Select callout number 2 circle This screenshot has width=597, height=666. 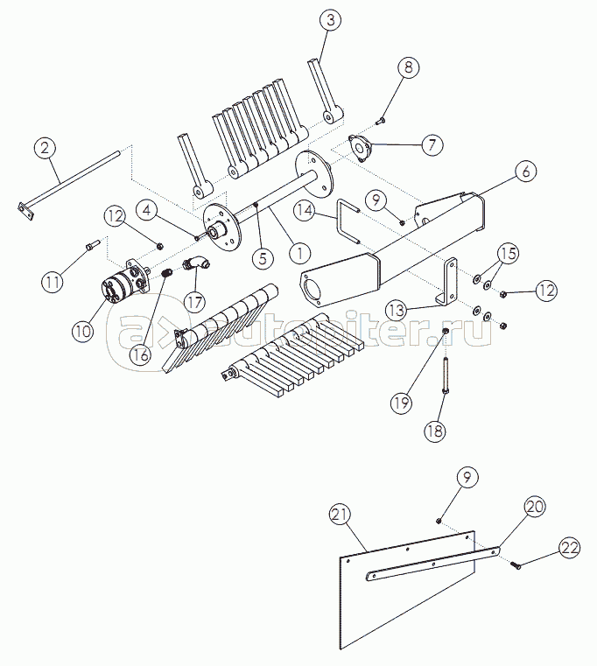pos(47,148)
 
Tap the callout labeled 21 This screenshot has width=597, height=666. pos(341,515)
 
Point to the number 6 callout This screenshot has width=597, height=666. pos(524,172)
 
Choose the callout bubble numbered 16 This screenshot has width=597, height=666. pos(141,354)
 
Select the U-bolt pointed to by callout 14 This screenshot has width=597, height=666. pos(348,224)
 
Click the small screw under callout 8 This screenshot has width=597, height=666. pos(382,120)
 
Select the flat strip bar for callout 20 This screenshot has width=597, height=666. pos(433,563)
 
